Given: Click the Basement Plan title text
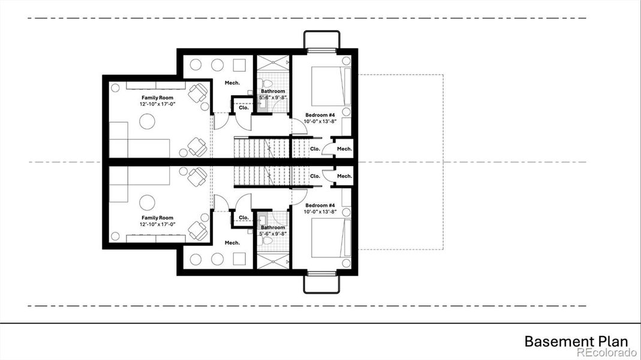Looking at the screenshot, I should [x=576, y=341].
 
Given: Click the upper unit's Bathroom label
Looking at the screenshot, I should [x=273, y=91].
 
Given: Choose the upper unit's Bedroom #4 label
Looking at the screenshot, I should [x=320, y=115].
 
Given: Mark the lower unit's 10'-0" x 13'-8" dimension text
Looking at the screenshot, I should [x=320, y=212].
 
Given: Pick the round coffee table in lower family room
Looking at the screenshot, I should [x=148, y=202].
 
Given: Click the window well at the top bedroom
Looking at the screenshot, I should [x=322, y=40].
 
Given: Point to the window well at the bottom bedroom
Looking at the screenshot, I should [x=322, y=283].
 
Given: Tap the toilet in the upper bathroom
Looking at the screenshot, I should [x=268, y=82].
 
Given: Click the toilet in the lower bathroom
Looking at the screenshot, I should [x=268, y=241].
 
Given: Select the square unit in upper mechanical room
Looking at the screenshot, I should [x=239, y=65].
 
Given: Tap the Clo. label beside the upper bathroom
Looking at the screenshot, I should [x=243, y=108].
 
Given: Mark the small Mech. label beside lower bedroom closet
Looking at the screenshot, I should [x=344, y=176].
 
